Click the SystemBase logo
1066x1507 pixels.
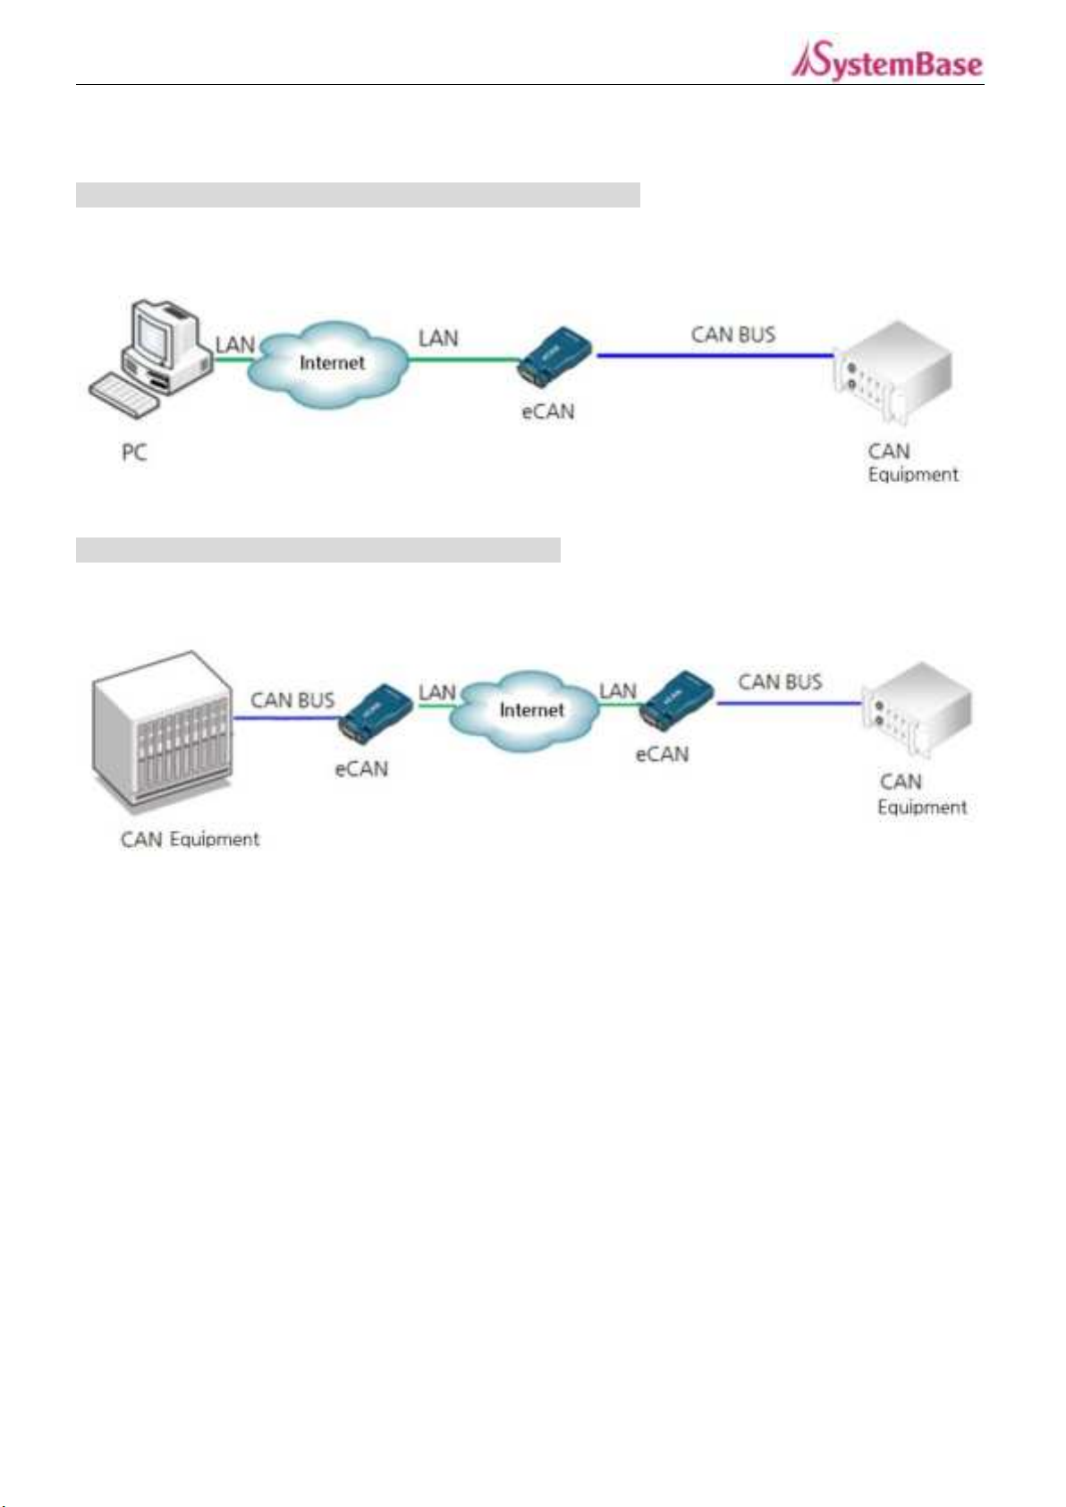(886, 61)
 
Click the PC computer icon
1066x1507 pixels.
(152, 357)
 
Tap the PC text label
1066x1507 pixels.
(134, 453)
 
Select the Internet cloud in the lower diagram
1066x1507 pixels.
(532, 710)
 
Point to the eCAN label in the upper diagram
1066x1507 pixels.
(548, 411)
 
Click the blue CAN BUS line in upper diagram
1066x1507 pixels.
(715, 355)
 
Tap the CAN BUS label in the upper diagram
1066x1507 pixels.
(733, 334)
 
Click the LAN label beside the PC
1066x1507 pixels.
(234, 344)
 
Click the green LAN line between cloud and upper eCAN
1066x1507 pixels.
(464, 360)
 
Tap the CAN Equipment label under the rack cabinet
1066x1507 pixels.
(190, 839)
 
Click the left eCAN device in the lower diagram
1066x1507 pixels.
(376, 714)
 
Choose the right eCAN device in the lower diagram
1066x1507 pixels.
(677, 700)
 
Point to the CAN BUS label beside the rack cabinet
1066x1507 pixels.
(292, 700)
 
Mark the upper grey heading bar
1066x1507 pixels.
(358, 194)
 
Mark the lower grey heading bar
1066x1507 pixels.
(318, 550)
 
